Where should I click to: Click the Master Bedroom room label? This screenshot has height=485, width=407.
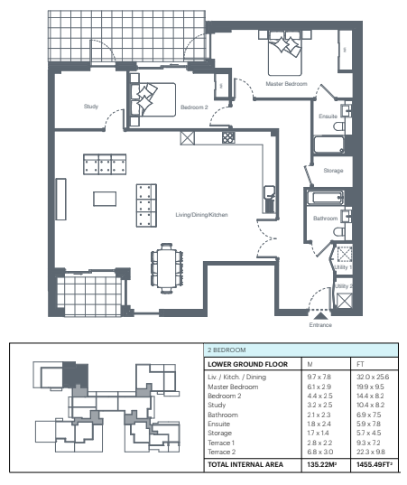click(286, 83)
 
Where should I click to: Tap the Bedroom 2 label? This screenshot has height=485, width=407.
click(194, 107)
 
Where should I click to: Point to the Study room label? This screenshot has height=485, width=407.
click(91, 106)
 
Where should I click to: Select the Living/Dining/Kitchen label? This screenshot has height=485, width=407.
click(201, 214)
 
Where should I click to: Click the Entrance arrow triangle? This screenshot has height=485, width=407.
click(320, 315)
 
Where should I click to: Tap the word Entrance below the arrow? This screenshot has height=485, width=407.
click(320, 325)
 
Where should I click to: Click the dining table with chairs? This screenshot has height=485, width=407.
click(167, 268)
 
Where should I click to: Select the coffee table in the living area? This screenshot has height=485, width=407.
click(105, 199)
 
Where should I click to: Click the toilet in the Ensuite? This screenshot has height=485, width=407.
click(339, 126)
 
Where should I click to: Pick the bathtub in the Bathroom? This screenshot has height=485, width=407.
click(325, 198)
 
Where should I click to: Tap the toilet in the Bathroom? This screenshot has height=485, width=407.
click(339, 232)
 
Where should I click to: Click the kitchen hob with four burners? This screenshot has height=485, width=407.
click(228, 137)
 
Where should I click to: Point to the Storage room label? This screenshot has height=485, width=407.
click(333, 171)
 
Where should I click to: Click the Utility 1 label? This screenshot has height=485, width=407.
click(343, 267)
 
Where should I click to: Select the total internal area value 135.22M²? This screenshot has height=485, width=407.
click(321, 464)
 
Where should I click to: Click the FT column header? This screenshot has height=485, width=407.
click(360, 364)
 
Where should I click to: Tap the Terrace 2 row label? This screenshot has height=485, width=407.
click(222, 452)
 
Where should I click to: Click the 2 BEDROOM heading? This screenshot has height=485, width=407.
click(227, 350)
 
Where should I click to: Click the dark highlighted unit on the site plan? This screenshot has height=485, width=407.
click(76, 375)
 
